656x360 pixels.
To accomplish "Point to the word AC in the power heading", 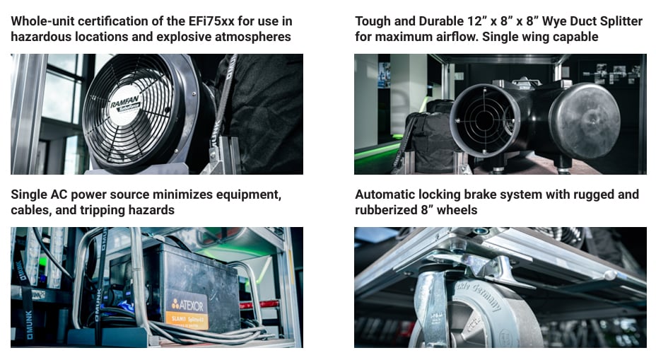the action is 59,194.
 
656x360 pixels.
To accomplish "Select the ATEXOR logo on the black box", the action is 187,304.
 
